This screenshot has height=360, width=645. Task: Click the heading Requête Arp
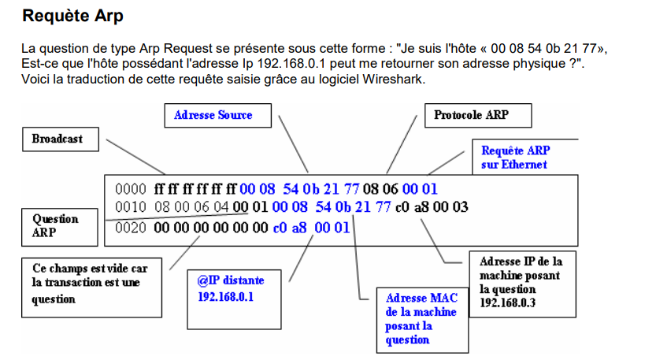click(x=73, y=16)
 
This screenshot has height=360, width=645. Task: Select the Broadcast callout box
click(x=61, y=139)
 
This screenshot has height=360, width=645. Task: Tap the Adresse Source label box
click(x=213, y=116)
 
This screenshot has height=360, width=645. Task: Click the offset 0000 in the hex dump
click(x=130, y=189)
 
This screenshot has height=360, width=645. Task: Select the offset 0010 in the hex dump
click(x=130, y=207)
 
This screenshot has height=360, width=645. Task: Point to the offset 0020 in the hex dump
click(x=130, y=228)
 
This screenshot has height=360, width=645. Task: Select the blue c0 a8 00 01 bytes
click(x=311, y=228)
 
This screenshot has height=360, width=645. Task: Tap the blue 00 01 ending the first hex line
click(x=420, y=189)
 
